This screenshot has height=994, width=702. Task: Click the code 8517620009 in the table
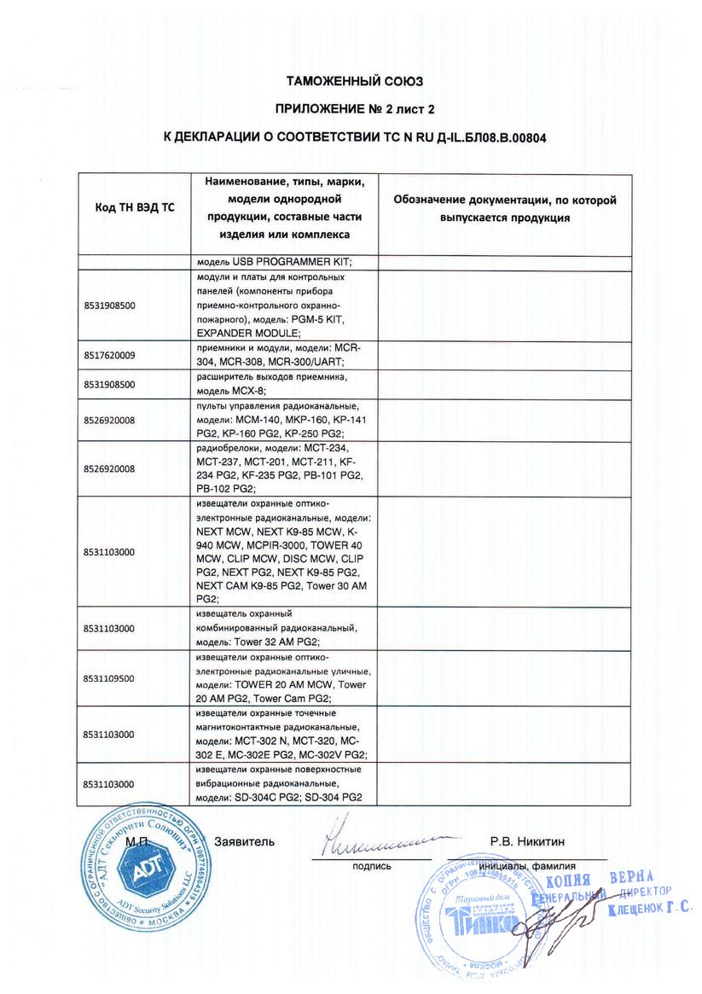coord(110,355)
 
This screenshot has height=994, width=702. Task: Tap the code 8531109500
coord(110,678)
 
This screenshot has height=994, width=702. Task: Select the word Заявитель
coord(245,842)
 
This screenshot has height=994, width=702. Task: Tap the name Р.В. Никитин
coord(527,842)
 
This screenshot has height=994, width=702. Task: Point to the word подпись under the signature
coord(371,866)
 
